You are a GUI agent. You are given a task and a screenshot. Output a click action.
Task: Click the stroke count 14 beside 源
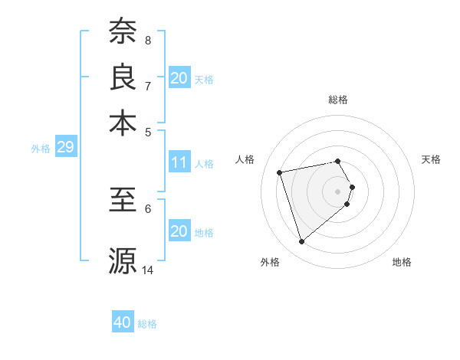[x=148, y=270]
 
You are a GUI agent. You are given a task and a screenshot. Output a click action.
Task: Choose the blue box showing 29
[x=65, y=147]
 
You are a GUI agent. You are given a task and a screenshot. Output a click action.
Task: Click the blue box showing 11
[x=179, y=162]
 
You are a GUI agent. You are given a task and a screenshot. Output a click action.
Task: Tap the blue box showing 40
[x=123, y=322]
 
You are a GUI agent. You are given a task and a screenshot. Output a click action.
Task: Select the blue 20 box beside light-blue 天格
[x=179, y=78]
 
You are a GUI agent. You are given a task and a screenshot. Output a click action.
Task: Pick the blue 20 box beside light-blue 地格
[x=179, y=231]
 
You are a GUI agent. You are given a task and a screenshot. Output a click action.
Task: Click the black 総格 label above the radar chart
[x=338, y=100]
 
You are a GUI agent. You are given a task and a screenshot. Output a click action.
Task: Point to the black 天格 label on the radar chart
[x=431, y=159]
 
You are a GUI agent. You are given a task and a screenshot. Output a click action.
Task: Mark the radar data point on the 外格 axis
[x=302, y=242]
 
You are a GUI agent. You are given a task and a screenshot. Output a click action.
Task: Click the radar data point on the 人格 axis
[x=280, y=172]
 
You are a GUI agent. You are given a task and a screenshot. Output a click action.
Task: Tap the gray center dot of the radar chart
[x=338, y=191]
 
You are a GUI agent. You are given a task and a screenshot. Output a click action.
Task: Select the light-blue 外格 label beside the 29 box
[x=41, y=149]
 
